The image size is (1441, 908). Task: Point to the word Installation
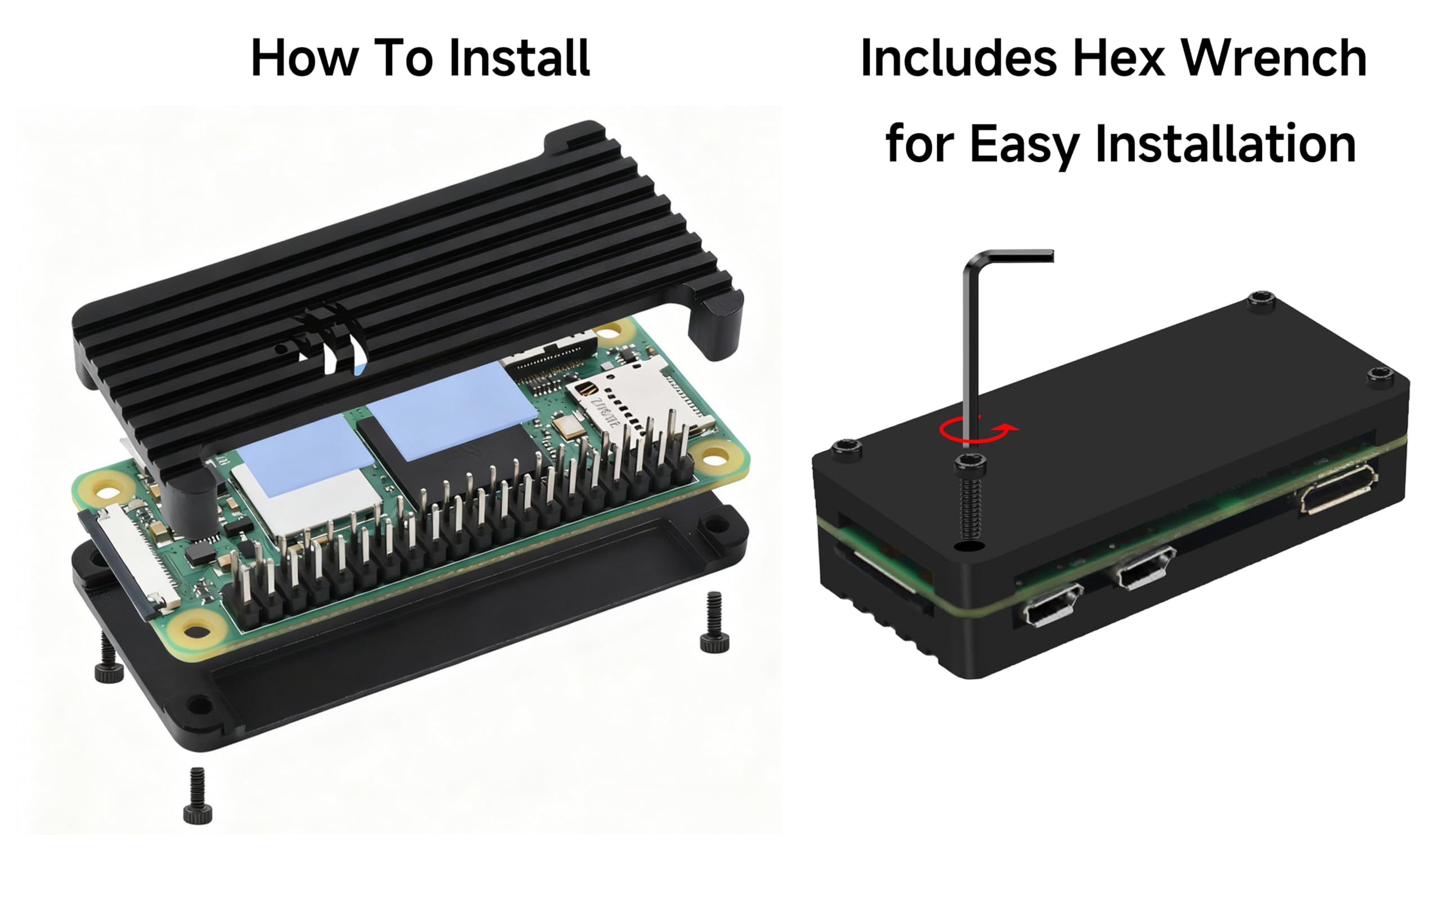[x=1225, y=144]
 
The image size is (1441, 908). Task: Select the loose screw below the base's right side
[x=714, y=623]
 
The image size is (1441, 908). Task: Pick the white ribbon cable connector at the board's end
[x=135, y=557]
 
